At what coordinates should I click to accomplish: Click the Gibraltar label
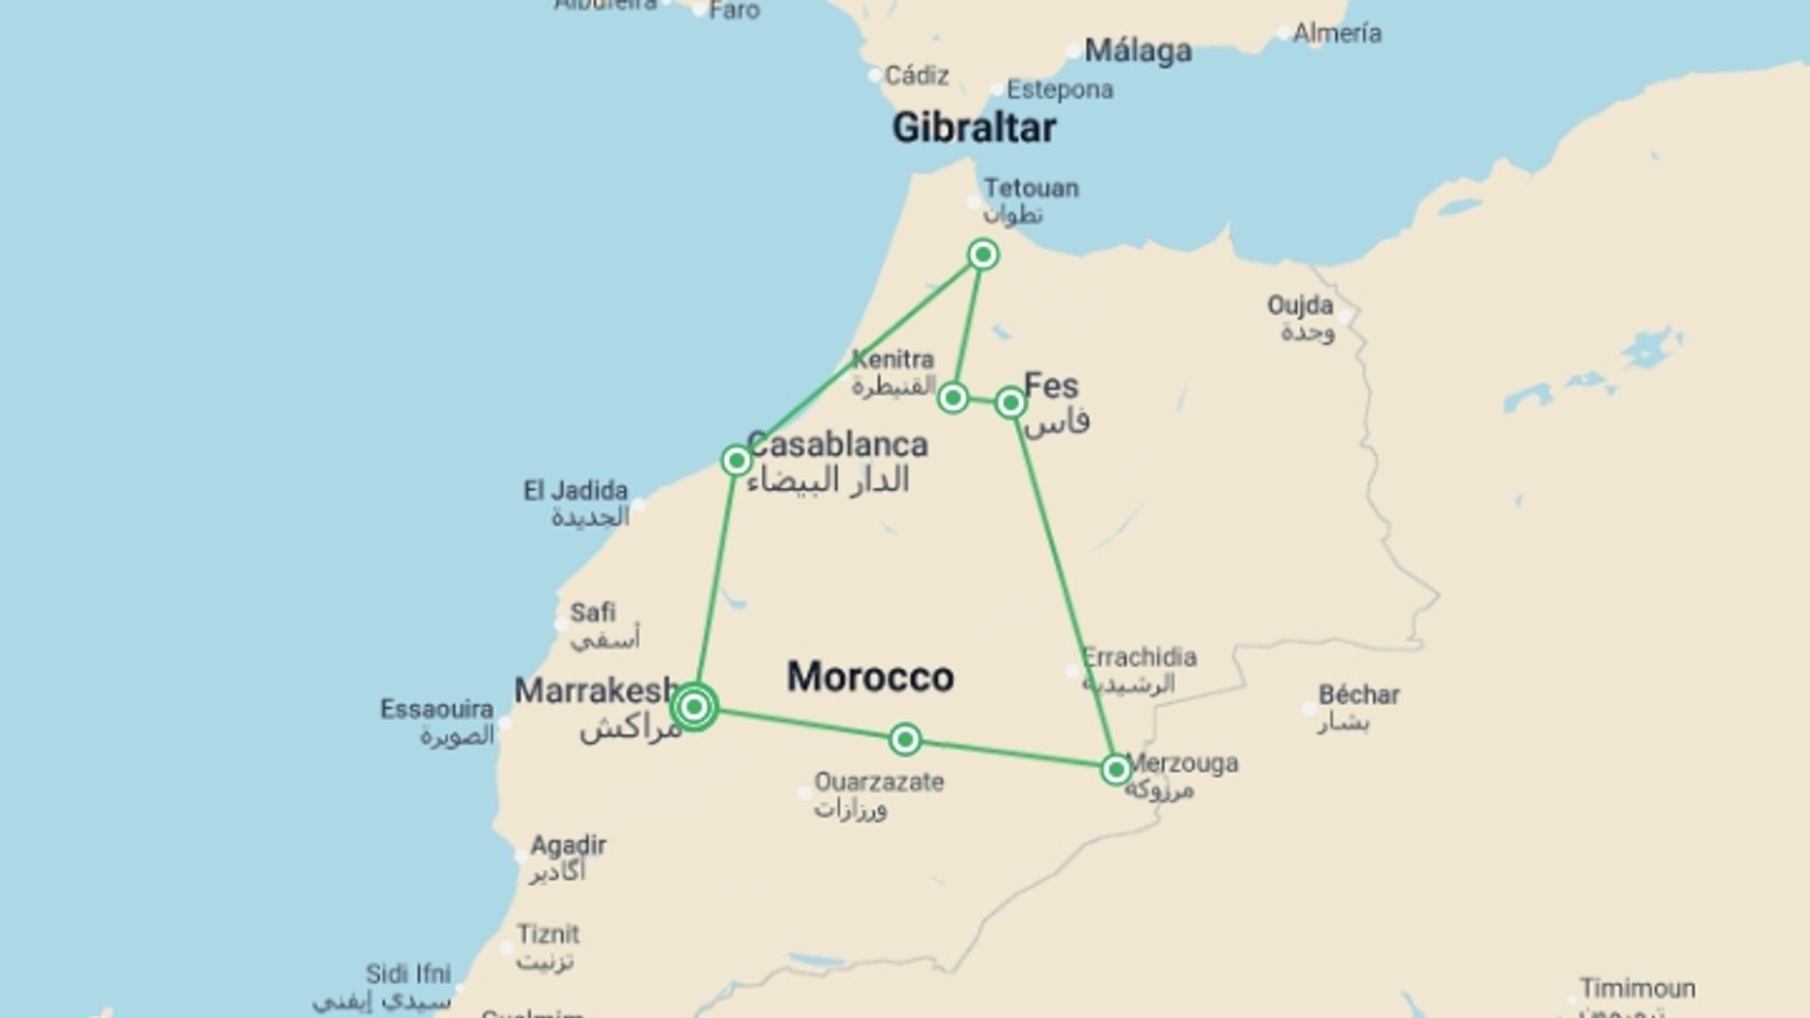pos(974,127)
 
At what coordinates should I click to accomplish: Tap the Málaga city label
pos(1137,50)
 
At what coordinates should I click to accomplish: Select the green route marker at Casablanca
pos(736,460)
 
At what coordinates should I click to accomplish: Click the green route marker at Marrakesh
pos(695,706)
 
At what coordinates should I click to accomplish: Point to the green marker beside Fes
pos(1011,403)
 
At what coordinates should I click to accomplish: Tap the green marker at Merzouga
pos(1116,770)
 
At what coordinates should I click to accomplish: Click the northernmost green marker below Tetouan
pos(983,254)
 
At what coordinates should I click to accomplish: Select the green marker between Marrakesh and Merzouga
pos(905,740)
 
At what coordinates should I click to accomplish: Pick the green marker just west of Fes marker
pos(953,398)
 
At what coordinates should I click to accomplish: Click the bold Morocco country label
pos(870,677)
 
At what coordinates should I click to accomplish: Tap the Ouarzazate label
pos(879,782)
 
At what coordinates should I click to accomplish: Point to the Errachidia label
pos(1139,657)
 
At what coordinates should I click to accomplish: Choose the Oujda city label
pos(1300,305)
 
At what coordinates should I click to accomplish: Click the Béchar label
pos(1358,696)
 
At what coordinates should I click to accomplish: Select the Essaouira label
pos(436,709)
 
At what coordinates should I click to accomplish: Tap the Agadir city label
pos(568,846)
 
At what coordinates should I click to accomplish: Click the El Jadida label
pos(575,491)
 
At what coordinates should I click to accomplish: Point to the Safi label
pos(593,613)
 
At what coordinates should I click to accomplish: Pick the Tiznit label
pos(548,935)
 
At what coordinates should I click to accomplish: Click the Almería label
pos(1337,33)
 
